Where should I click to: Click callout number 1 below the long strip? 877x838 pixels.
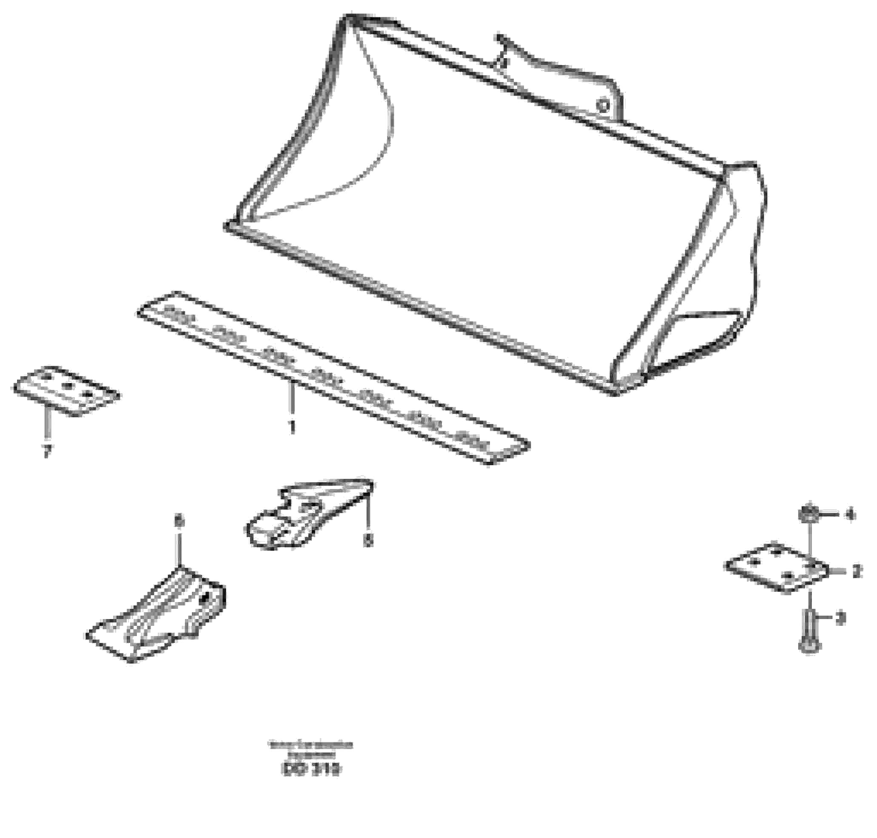[x=292, y=426]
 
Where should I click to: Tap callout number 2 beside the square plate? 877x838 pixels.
[x=857, y=571]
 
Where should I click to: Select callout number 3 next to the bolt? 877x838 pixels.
[x=840, y=619]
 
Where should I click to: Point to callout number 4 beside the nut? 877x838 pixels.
[x=849, y=514]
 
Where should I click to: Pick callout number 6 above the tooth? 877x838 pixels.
[x=179, y=520]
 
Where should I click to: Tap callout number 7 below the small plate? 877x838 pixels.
[x=46, y=452]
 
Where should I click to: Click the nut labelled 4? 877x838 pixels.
[x=809, y=514]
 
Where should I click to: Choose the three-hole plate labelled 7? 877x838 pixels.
[x=65, y=390]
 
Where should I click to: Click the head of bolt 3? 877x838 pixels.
[x=810, y=646]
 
